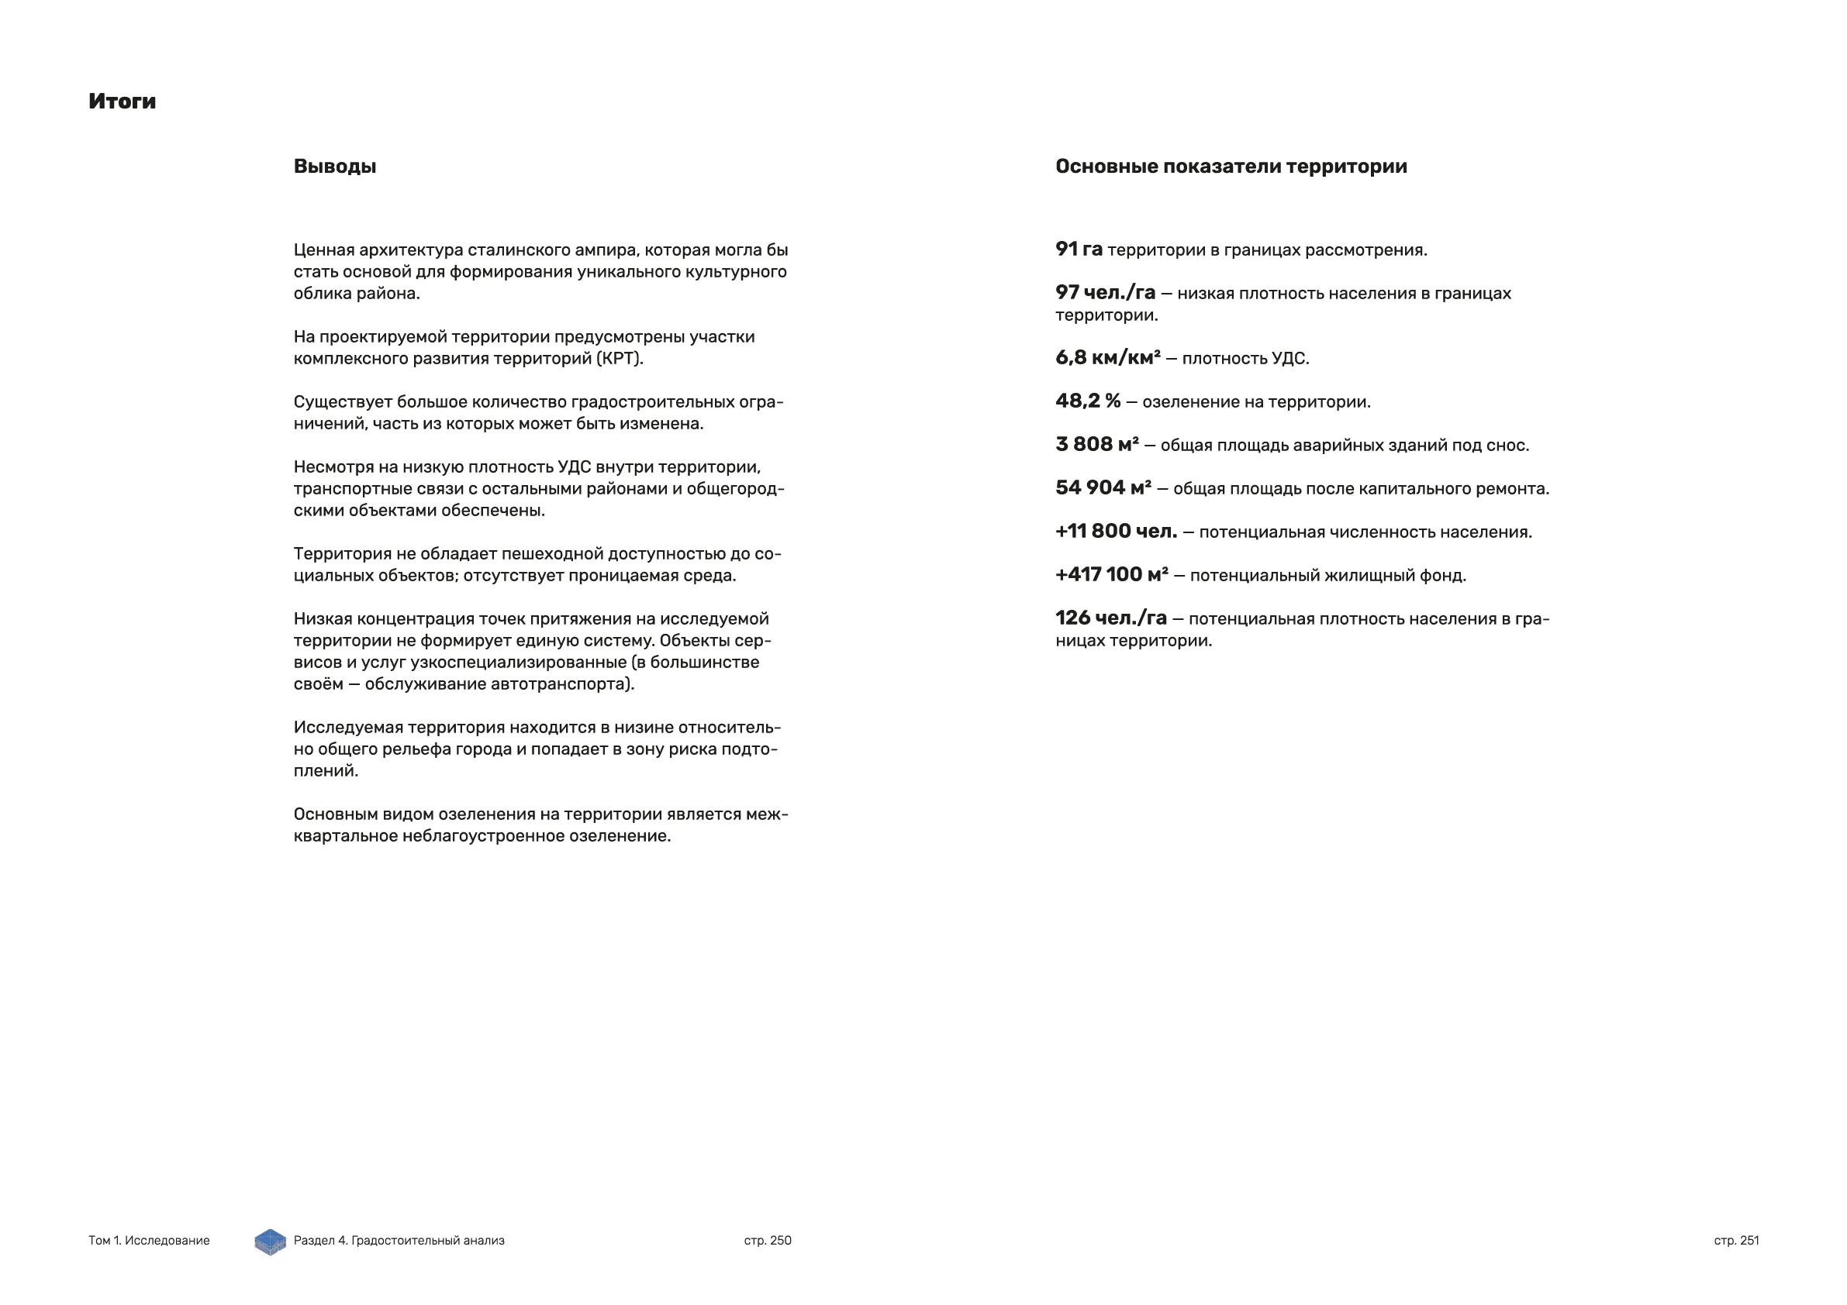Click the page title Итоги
pos(123,102)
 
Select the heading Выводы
pos(335,167)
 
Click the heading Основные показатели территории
pos(1231,167)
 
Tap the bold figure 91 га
pos(1079,250)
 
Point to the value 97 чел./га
pos(1105,293)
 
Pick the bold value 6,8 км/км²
pos(1108,358)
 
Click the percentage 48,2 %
pos(1088,401)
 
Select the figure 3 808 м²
pos(1097,445)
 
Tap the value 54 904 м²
pos(1103,488)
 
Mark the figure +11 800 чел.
pos(1116,532)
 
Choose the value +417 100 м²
pos(1112,575)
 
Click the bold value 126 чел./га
pos(1111,618)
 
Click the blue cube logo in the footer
pos(271,1241)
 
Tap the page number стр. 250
pos(768,1241)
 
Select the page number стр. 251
pos(1736,1241)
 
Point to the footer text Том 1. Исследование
pos(149,1241)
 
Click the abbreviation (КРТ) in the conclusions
pos(620,359)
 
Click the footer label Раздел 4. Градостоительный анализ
pos(399,1241)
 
